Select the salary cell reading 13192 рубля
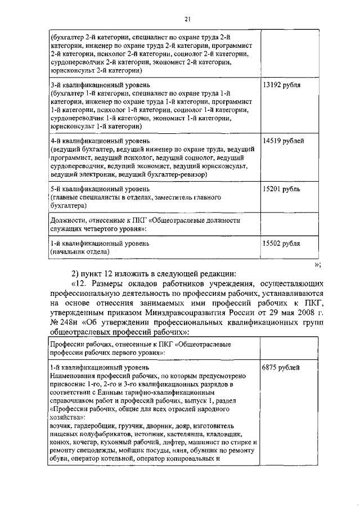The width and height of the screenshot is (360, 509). click(281, 85)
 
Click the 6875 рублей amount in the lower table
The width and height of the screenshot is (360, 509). click(281, 367)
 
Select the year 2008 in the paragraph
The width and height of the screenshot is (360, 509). click(305, 312)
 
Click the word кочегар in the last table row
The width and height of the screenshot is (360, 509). click(82, 443)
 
